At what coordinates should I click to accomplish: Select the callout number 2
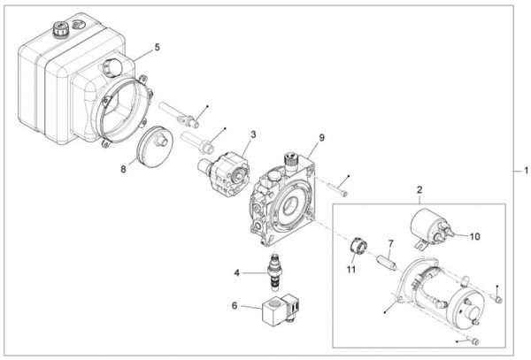419,189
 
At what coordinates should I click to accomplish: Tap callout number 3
253,134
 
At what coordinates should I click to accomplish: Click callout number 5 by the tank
156,48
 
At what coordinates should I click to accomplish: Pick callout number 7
389,242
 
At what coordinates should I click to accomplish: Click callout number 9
323,138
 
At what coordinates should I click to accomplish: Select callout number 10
474,237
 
